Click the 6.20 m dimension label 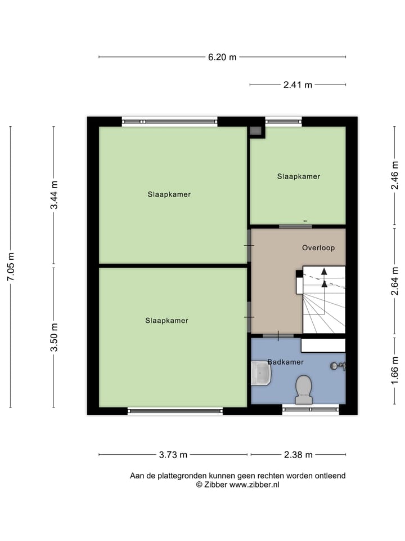coord(222,57)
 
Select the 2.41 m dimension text coord(298,85)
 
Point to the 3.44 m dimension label coord(54,195)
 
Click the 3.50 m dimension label coord(54,337)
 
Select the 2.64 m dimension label coord(395,281)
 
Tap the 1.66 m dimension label coord(395,371)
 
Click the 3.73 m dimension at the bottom coord(173,455)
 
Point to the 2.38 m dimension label coord(298,455)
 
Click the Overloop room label coord(318,247)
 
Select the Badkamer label coord(285,362)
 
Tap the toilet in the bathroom coord(304,389)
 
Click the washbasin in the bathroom coord(261,373)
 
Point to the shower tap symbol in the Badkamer coord(337,366)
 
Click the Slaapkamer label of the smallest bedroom coord(298,176)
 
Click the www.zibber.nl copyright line coord(237,485)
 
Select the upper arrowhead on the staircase coord(324,271)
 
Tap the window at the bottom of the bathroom coord(310,410)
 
